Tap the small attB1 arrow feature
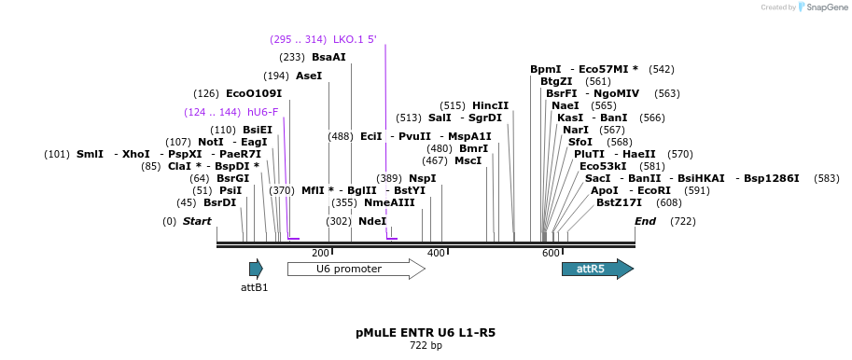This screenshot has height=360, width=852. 256,270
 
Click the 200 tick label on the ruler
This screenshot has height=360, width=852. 320,254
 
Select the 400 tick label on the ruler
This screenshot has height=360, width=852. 436,254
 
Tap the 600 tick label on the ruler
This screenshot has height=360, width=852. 551,254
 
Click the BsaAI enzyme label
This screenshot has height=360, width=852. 328,57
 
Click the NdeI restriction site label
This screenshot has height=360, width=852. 371,221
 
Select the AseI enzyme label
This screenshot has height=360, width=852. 308,76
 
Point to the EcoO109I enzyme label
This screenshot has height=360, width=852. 253,93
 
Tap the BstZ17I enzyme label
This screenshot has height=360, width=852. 619,202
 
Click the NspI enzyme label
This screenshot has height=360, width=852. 422,178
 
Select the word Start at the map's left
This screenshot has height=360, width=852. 197,221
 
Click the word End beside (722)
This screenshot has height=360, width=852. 645,221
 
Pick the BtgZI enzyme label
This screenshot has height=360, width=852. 556,81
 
